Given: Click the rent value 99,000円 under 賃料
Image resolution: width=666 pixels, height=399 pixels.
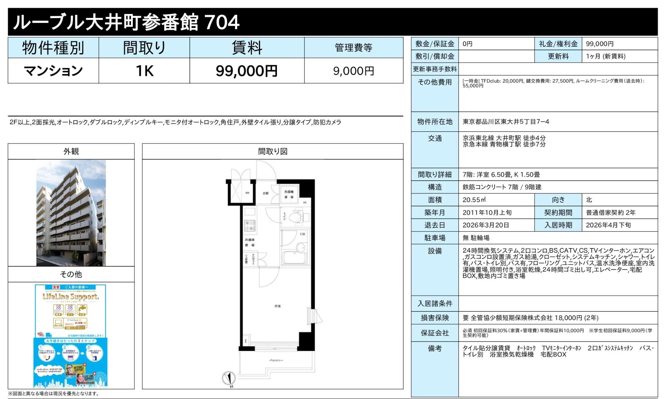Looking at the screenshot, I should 247,71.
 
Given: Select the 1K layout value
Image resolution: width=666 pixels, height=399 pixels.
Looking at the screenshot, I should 144,71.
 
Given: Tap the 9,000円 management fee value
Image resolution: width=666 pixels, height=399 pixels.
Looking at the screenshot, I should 353,71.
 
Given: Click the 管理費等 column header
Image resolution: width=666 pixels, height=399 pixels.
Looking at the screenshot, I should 353,48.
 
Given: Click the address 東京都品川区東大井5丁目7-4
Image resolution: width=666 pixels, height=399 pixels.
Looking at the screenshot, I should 506,122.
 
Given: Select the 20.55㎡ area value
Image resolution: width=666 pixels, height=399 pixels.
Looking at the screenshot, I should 474,200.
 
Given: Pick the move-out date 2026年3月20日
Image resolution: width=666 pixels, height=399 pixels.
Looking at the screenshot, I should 486,225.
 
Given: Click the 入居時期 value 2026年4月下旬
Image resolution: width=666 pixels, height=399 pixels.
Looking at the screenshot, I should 608,225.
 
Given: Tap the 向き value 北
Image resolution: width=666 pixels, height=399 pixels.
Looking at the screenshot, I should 589,200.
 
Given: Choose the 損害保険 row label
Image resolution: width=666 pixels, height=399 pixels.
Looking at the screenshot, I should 435,318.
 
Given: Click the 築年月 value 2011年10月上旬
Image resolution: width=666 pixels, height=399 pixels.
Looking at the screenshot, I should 487,212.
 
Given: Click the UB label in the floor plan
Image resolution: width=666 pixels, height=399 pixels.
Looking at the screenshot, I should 303,234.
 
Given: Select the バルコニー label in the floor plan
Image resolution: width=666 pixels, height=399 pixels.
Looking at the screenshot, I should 276,360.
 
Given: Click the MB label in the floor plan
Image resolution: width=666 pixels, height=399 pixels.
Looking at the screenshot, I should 247,193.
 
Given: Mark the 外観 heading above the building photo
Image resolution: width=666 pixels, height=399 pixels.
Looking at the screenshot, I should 71,151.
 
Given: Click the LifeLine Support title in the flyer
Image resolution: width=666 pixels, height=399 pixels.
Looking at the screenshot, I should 71,296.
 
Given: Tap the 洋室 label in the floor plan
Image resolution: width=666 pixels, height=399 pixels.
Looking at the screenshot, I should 278,306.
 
